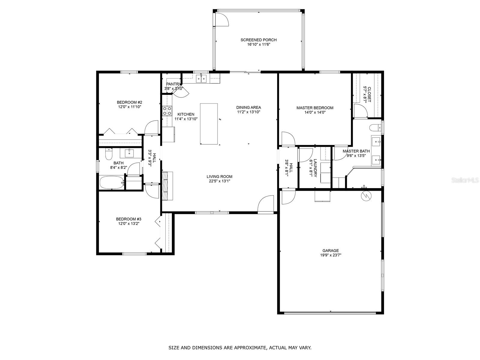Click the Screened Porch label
coord(259,40)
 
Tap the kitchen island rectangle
coord(209,124)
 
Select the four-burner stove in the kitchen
coord(167,111)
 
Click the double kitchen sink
coord(201,79)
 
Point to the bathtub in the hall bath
coord(112,182)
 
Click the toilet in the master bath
coord(375,127)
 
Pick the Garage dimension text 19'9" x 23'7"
coord(331,255)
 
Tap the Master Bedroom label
coord(315,108)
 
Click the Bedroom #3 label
coord(129,219)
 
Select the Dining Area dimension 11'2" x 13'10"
coord(249,112)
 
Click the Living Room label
coord(219,177)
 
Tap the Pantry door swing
coord(182,92)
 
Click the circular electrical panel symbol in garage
coord(366,196)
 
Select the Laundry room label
coord(315,168)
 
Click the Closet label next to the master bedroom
coord(369,94)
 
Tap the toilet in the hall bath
coord(109,154)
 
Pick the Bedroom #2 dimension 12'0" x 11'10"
coord(130,107)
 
